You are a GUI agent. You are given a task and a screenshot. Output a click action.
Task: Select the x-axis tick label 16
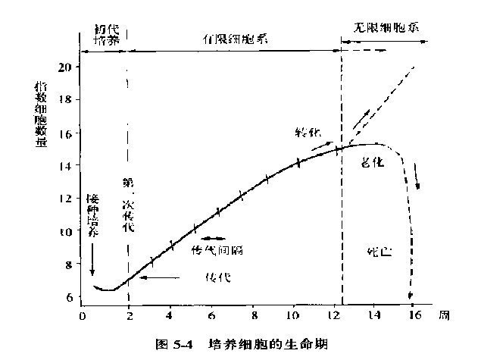[x=414, y=316]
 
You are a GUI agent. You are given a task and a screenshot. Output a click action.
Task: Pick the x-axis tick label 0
[x=82, y=316]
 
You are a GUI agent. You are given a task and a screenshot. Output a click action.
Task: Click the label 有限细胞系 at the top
[x=234, y=37]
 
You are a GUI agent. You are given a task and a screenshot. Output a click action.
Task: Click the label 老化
[x=372, y=163]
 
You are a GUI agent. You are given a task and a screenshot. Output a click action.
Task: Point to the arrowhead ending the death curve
[x=411, y=297]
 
